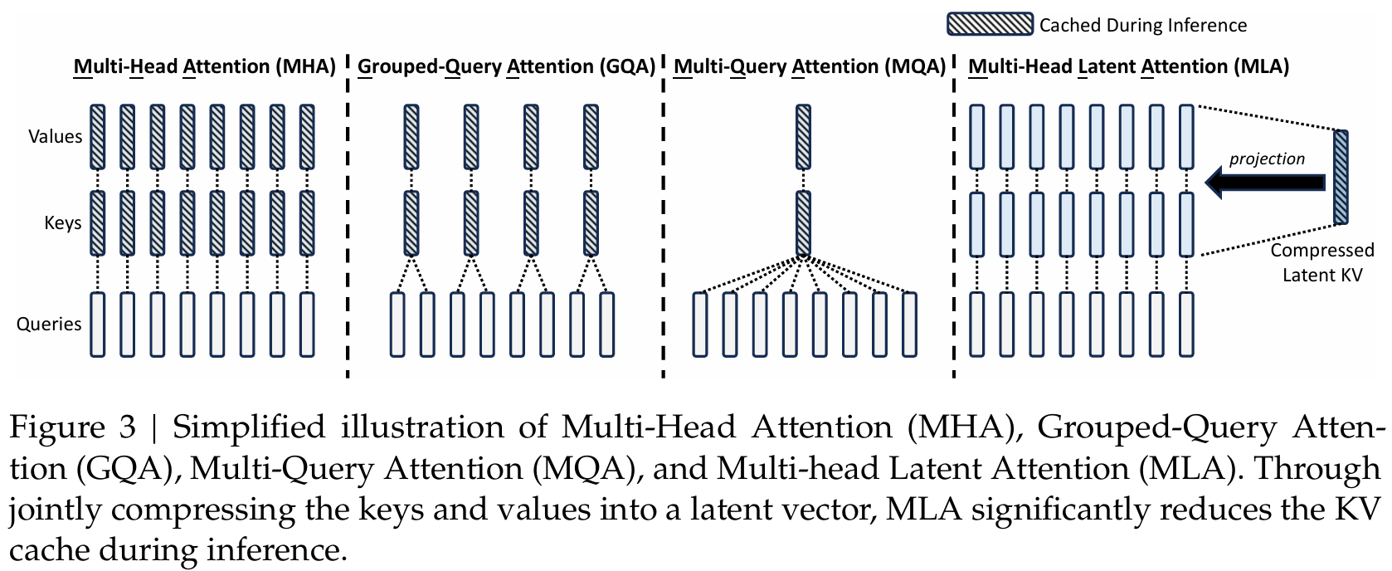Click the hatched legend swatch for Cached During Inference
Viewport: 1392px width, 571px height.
[990, 24]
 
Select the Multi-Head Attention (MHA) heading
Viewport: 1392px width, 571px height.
[204, 66]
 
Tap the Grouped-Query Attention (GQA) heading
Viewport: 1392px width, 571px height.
[506, 66]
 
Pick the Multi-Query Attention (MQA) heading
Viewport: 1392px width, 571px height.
[809, 66]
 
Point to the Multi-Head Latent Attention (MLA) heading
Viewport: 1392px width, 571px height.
[1128, 66]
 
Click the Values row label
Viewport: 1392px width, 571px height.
[55, 137]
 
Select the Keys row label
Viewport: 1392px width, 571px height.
[62, 223]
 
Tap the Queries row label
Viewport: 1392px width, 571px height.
[49, 325]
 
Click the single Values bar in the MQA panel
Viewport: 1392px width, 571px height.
[803, 137]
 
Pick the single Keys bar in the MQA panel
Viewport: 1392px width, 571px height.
[803, 223]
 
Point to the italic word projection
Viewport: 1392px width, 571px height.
[1267, 159]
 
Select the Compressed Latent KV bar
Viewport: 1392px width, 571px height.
[1341, 177]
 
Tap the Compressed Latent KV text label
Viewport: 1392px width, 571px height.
[1322, 262]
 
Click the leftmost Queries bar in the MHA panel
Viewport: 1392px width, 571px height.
[98, 325]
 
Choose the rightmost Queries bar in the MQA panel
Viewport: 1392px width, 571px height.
[909, 325]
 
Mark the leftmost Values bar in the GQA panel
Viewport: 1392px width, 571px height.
[411, 137]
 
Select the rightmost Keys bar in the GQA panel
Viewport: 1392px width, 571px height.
[591, 223]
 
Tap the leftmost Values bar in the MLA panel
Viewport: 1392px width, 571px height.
[977, 137]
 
